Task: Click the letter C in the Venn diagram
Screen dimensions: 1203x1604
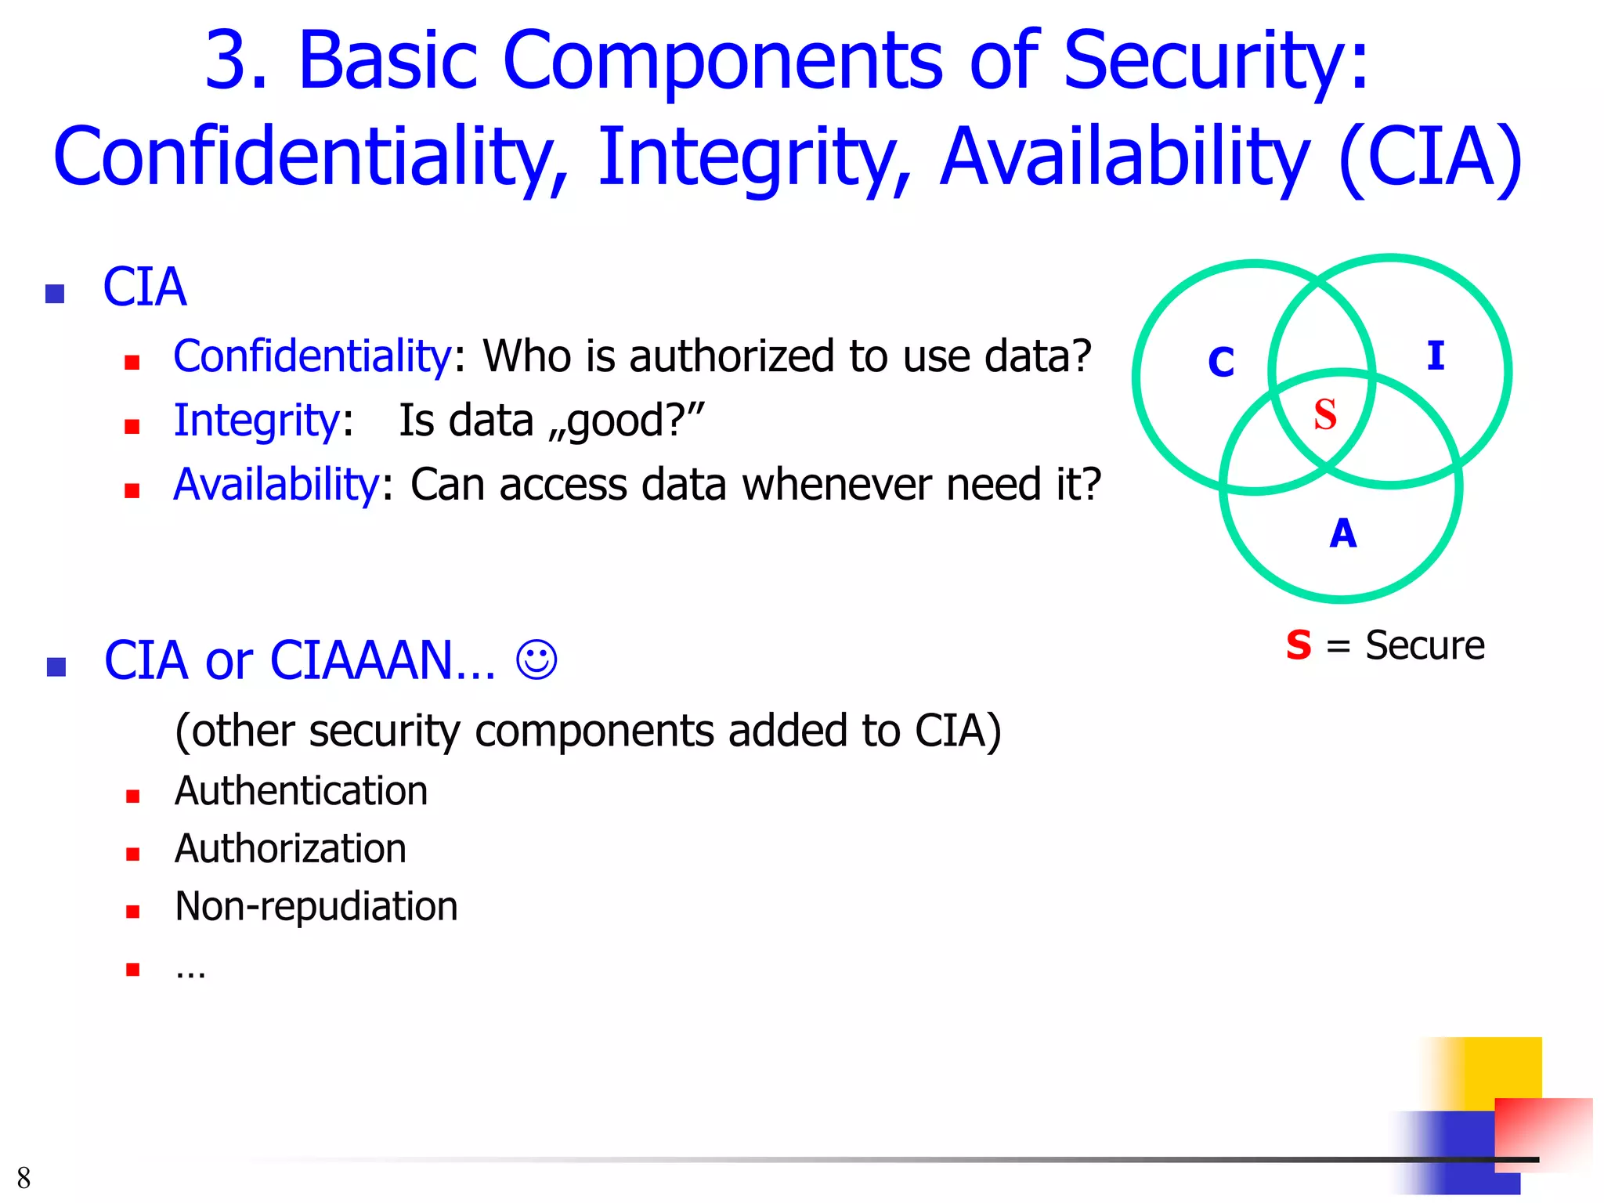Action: pos(1221,362)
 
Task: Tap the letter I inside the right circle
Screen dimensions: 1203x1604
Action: pos(1435,356)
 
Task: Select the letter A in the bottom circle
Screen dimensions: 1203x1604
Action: pos(1342,533)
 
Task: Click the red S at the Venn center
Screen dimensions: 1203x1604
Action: pos(1324,414)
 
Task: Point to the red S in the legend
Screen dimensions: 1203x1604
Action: pos(1298,645)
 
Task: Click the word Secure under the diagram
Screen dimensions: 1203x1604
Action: pos(1425,645)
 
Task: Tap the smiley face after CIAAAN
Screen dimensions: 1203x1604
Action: pos(536,659)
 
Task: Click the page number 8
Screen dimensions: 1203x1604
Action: pos(23,1177)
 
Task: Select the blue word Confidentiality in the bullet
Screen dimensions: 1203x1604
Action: pos(312,356)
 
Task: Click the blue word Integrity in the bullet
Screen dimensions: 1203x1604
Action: pos(255,421)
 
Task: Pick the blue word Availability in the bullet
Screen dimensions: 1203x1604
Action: pos(276,484)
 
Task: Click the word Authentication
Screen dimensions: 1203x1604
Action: pos(302,791)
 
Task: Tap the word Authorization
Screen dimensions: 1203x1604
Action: pos(291,849)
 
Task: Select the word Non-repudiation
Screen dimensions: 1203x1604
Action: pos(316,907)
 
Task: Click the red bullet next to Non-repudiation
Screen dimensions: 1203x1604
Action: pos(132,912)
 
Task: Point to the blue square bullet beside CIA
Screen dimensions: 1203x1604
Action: pos(55,294)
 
